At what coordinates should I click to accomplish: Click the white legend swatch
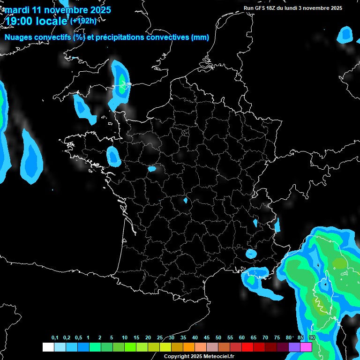click(x=48, y=347)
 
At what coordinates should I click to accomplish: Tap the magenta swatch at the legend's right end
click(x=306, y=347)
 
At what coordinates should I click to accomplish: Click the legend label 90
click(x=312, y=338)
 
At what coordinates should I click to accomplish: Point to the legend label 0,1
click(x=55, y=338)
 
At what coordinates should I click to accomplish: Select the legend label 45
click(x=207, y=338)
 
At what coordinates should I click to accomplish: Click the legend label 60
click(x=242, y=338)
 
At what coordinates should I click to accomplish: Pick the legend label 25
click(x=160, y=338)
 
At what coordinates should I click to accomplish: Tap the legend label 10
click(x=124, y=338)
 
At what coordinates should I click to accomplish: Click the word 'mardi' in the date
click(x=17, y=10)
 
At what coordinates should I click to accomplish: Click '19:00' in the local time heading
click(x=19, y=21)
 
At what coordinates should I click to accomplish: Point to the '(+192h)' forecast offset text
click(x=83, y=21)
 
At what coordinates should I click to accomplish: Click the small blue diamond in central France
click(x=186, y=201)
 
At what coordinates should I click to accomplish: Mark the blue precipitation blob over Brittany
click(x=113, y=157)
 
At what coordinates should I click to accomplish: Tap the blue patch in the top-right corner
click(x=346, y=34)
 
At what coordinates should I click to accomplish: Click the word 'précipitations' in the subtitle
click(x=119, y=37)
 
